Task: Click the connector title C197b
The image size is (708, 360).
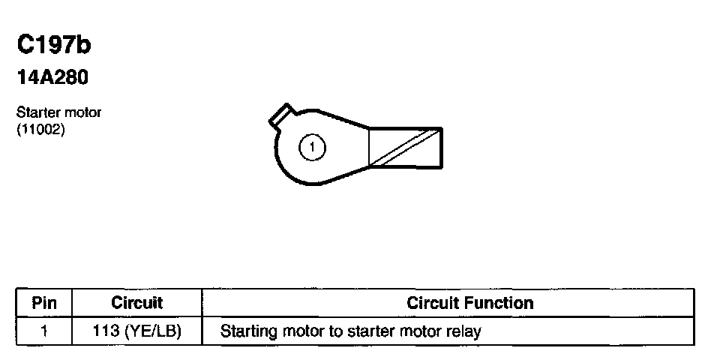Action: pos(54,46)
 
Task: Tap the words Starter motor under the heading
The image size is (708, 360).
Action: pos(58,112)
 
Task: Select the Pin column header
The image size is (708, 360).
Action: pos(44,304)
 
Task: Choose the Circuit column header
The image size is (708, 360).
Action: pos(136,304)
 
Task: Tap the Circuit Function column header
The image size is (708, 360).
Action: pos(469,304)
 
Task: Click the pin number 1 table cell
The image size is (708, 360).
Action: pos(44,330)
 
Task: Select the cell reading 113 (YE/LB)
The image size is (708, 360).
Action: pos(136,330)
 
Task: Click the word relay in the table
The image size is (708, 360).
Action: pos(463,330)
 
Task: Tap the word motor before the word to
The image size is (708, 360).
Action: pos(305,330)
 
